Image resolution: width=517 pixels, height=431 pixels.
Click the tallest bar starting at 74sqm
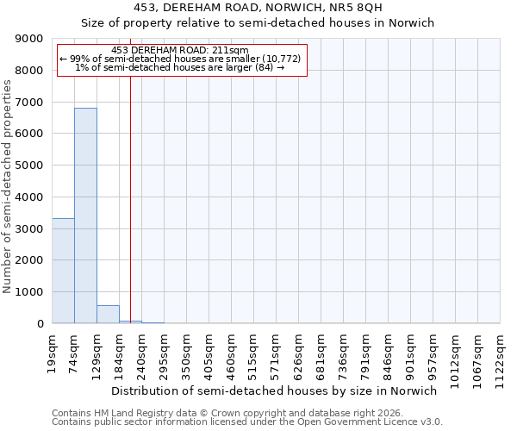[85, 215]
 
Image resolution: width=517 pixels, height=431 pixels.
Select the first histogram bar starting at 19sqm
[63, 271]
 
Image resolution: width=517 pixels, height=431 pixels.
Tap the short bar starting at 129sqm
[108, 315]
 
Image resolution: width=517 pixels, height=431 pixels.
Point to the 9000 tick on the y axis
[31, 39]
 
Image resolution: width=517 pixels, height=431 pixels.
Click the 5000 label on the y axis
[31, 166]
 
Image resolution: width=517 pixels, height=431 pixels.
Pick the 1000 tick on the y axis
[31, 292]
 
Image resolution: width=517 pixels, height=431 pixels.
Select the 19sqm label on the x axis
[53, 351]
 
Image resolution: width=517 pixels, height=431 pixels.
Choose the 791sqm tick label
[366, 353]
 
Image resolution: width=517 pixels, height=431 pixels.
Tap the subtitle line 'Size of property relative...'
[258, 23]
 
